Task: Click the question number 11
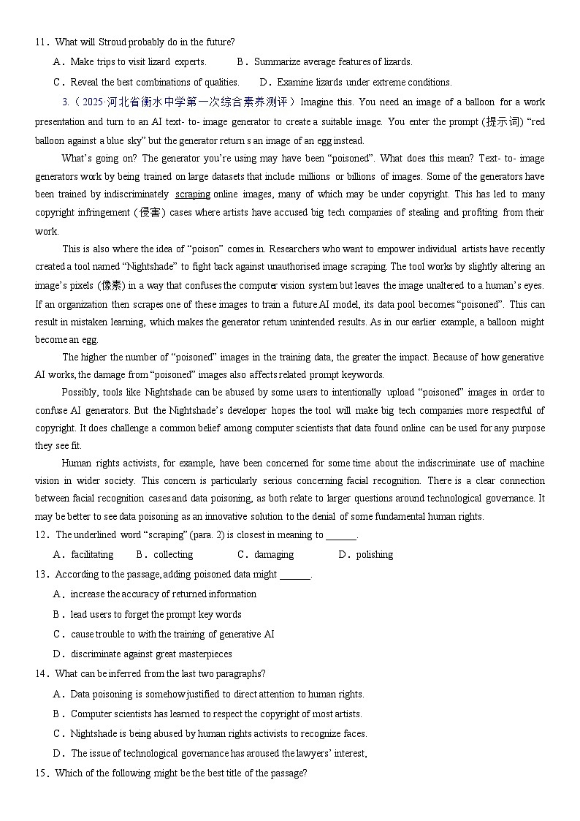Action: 40,42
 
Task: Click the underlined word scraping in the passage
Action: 193,194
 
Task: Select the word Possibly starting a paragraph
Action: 80,393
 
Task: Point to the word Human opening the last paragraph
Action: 75,464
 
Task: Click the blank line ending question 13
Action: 295,575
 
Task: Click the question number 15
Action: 40,773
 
